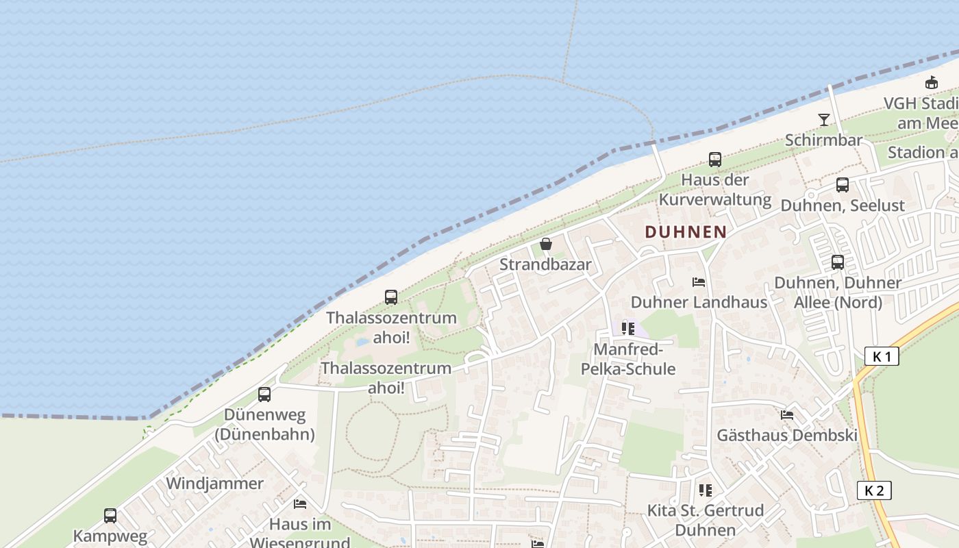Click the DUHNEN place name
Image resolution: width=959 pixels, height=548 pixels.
click(x=685, y=232)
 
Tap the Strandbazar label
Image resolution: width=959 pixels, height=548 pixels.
click(x=545, y=264)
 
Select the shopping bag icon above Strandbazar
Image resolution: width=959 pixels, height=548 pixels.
click(x=546, y=243)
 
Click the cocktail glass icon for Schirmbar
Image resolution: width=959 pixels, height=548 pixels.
click(x=824, y=120)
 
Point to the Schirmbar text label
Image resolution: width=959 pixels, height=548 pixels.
click(x=823, y=140)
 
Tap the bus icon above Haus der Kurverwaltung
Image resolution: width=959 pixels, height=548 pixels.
click(x=715, y=160)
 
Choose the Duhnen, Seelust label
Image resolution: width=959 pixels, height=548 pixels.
click(x=843, y=205)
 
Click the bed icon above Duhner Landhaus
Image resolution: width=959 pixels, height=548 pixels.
click(x=699, y=282)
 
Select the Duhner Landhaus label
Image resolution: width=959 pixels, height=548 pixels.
click(x=699, y=302)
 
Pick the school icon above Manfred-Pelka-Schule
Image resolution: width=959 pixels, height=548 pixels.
click(x=628, y=329)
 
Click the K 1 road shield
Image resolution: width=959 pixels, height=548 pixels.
click(x=882, y=356)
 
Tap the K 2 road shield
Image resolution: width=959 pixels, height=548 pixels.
click(x=874, y=490)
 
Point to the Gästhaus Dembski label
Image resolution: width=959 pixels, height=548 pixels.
click(x=787, y=435)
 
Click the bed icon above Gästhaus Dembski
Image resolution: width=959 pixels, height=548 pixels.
click(x=787, y=414)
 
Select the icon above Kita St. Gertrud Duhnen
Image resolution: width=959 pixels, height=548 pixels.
click(x=706, y=490)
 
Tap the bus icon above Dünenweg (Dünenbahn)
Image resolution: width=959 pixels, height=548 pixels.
click(x=264, y=394)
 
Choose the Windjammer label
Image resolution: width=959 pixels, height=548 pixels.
click(x=214, y=484)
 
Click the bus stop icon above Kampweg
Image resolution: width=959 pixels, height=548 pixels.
click(x=110, y=515)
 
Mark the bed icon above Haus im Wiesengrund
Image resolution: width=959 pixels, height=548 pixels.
click(x=300, y=504)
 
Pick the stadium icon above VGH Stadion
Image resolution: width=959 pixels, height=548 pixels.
click(x=932, y=83)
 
